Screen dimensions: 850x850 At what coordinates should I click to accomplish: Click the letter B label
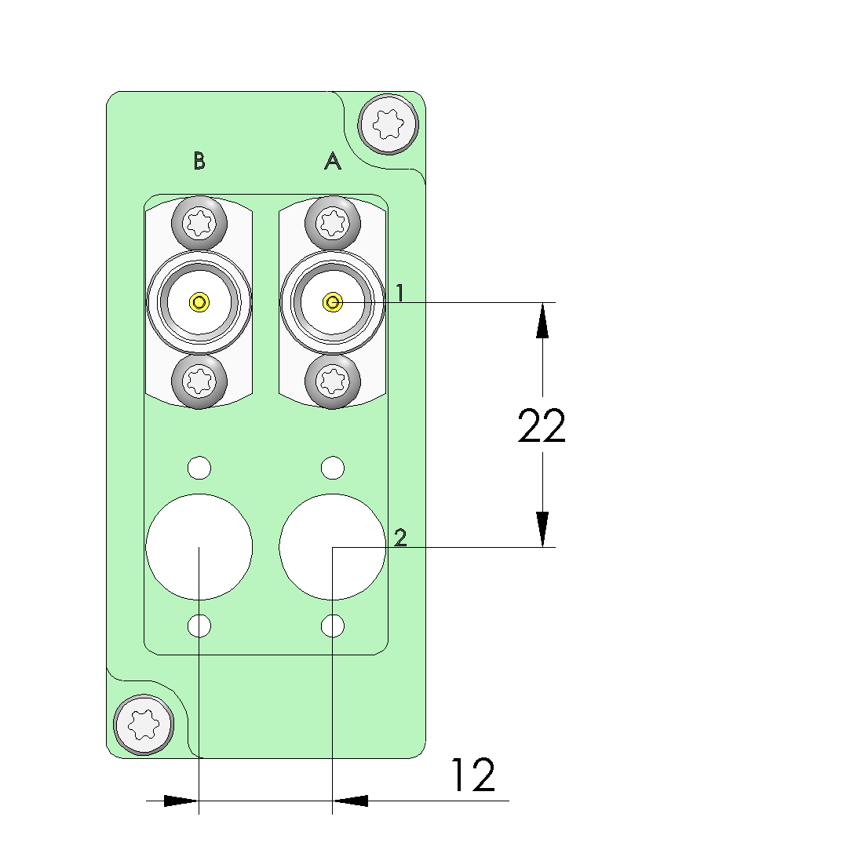(199, 161)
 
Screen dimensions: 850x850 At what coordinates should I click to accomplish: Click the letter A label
(333, 161)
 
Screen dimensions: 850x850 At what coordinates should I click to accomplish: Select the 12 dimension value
(472, 775)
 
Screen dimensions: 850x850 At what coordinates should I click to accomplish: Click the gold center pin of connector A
(333, 301)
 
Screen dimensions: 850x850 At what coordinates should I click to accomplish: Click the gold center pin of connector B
(199, 301)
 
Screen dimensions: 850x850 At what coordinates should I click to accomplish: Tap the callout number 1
(399, 294)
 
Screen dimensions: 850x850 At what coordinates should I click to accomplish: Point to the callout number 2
(400, 538)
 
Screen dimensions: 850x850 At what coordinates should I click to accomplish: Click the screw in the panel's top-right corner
(387, 122)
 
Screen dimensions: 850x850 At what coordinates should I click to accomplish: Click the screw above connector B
(199, 224)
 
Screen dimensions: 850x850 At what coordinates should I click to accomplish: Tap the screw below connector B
(199, 381)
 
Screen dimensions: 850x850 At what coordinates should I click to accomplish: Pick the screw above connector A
(333, 224)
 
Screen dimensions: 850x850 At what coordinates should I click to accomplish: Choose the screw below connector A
(333, 381)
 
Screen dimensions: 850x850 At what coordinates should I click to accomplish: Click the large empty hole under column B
(199, 546)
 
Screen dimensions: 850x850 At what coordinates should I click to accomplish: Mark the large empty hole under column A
(333, 546)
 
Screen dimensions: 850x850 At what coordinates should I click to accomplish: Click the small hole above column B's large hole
(199, 468)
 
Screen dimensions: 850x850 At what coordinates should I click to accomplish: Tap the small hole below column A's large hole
(333, 626)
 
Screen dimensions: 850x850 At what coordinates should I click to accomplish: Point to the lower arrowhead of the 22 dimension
(542, 529)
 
